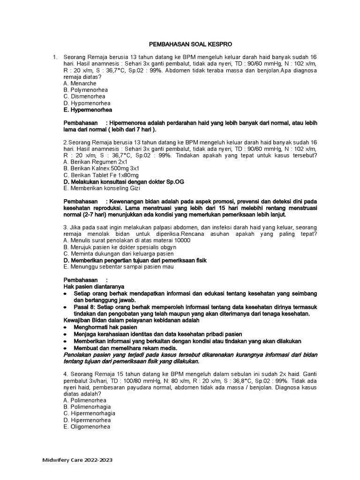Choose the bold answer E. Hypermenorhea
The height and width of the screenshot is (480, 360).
[88, 110]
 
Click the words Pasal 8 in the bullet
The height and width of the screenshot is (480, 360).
[84, 307]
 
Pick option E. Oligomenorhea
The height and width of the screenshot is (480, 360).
[87, 427]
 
